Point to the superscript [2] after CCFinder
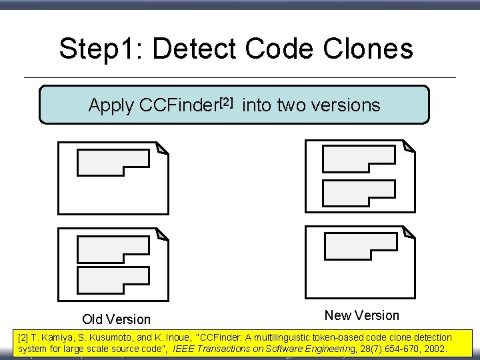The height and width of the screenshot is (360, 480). click(x=227, y=101)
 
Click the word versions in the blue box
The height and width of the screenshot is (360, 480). click(x=346, y=105)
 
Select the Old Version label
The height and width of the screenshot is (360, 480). click(x=116, y=319)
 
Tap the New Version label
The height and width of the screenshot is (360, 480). click(x=361, y=315)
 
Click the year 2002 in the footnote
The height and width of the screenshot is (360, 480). click(x=434, y=349)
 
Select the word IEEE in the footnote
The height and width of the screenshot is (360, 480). click(x=183, y=349)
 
